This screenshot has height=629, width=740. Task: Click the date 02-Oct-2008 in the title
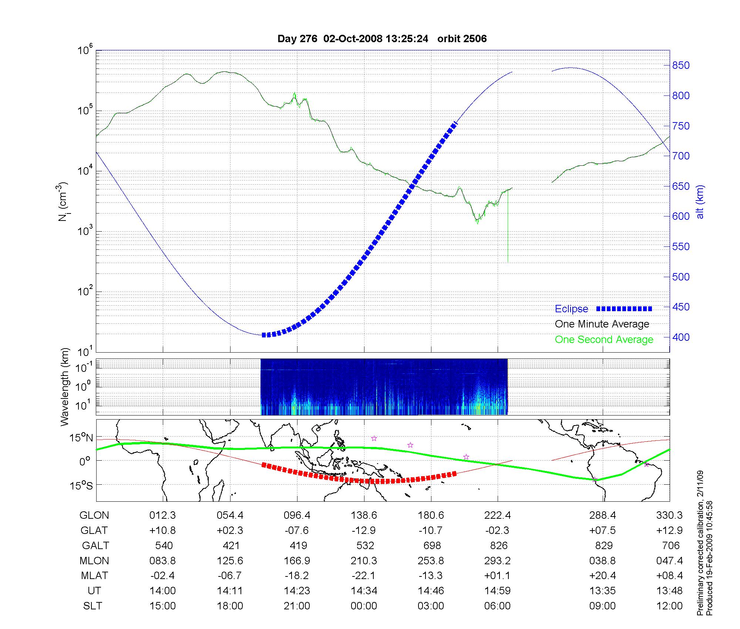[353, 39]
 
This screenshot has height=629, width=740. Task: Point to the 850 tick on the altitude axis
[681, 65]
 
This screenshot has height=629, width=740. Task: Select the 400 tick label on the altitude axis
[681, 337]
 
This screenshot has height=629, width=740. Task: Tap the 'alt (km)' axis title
[700, 202]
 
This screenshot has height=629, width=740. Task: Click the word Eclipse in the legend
[571, 309]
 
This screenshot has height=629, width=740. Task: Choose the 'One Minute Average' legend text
[602, 324]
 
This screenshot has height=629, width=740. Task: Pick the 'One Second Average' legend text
[604, 340]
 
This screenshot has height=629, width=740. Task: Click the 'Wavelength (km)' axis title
[65, 387]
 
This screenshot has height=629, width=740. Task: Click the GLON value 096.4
[297, 515]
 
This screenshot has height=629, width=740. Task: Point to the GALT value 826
[498, 546]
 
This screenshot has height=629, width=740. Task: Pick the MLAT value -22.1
[364, 576]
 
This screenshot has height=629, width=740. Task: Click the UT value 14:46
[431, 591]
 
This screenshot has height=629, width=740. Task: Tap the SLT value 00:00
[364, 606]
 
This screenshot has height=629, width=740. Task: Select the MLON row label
[94, 561]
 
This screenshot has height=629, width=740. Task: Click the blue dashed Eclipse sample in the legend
[624, 309]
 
